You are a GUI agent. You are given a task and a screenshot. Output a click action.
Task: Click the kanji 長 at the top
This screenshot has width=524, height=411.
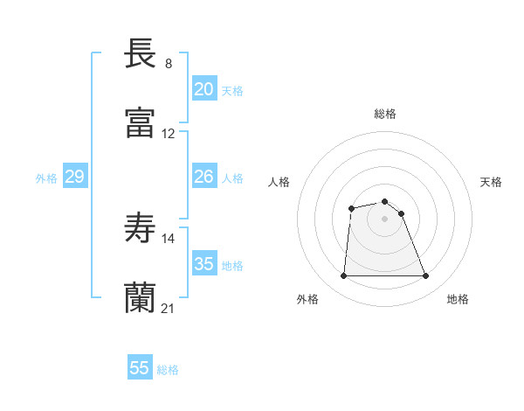(141, 53)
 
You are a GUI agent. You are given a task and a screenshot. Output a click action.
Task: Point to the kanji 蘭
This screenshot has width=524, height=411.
(141, 297)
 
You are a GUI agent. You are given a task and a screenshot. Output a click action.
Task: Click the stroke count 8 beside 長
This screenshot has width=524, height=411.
(169, 64)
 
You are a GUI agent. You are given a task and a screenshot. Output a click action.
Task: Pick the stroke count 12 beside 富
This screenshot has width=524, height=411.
(169, 134)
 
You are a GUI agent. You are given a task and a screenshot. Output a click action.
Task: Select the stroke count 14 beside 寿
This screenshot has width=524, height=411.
(169, 238)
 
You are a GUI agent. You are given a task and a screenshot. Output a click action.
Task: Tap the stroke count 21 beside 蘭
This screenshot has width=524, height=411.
(169, 308)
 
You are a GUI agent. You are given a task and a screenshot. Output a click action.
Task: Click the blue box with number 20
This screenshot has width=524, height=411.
(203, 89)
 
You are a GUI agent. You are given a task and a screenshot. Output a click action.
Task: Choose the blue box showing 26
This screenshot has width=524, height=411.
(203, 177)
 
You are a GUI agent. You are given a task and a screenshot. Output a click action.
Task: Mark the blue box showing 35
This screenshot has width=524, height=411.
(203, 264)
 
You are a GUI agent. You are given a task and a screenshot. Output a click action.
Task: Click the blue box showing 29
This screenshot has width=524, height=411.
(74, 177)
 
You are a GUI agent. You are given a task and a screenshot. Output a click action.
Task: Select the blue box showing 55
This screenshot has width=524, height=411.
(140, 368)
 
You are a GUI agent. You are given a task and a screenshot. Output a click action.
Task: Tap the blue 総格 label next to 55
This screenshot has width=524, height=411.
(168, 370)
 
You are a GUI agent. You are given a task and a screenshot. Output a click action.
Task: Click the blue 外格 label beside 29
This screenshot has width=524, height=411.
(46, 178)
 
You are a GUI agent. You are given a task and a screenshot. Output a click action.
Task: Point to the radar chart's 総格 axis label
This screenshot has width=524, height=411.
(385, 114)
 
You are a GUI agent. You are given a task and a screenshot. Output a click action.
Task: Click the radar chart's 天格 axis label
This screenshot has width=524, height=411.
(492, 182)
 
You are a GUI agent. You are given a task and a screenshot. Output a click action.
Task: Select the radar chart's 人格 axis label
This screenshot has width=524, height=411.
(279, 182)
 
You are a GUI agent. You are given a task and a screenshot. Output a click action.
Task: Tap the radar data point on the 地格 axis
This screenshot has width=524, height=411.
(426, 276)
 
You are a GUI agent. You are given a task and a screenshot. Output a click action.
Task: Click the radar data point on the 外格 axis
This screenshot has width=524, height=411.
(343, 276)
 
